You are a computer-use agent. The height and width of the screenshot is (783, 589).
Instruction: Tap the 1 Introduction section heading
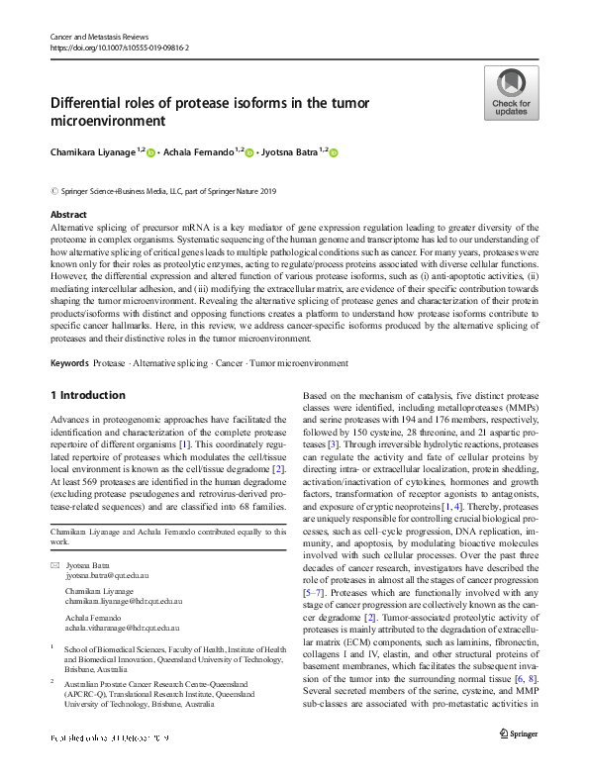pyautogui.click(x=88, y=395)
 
